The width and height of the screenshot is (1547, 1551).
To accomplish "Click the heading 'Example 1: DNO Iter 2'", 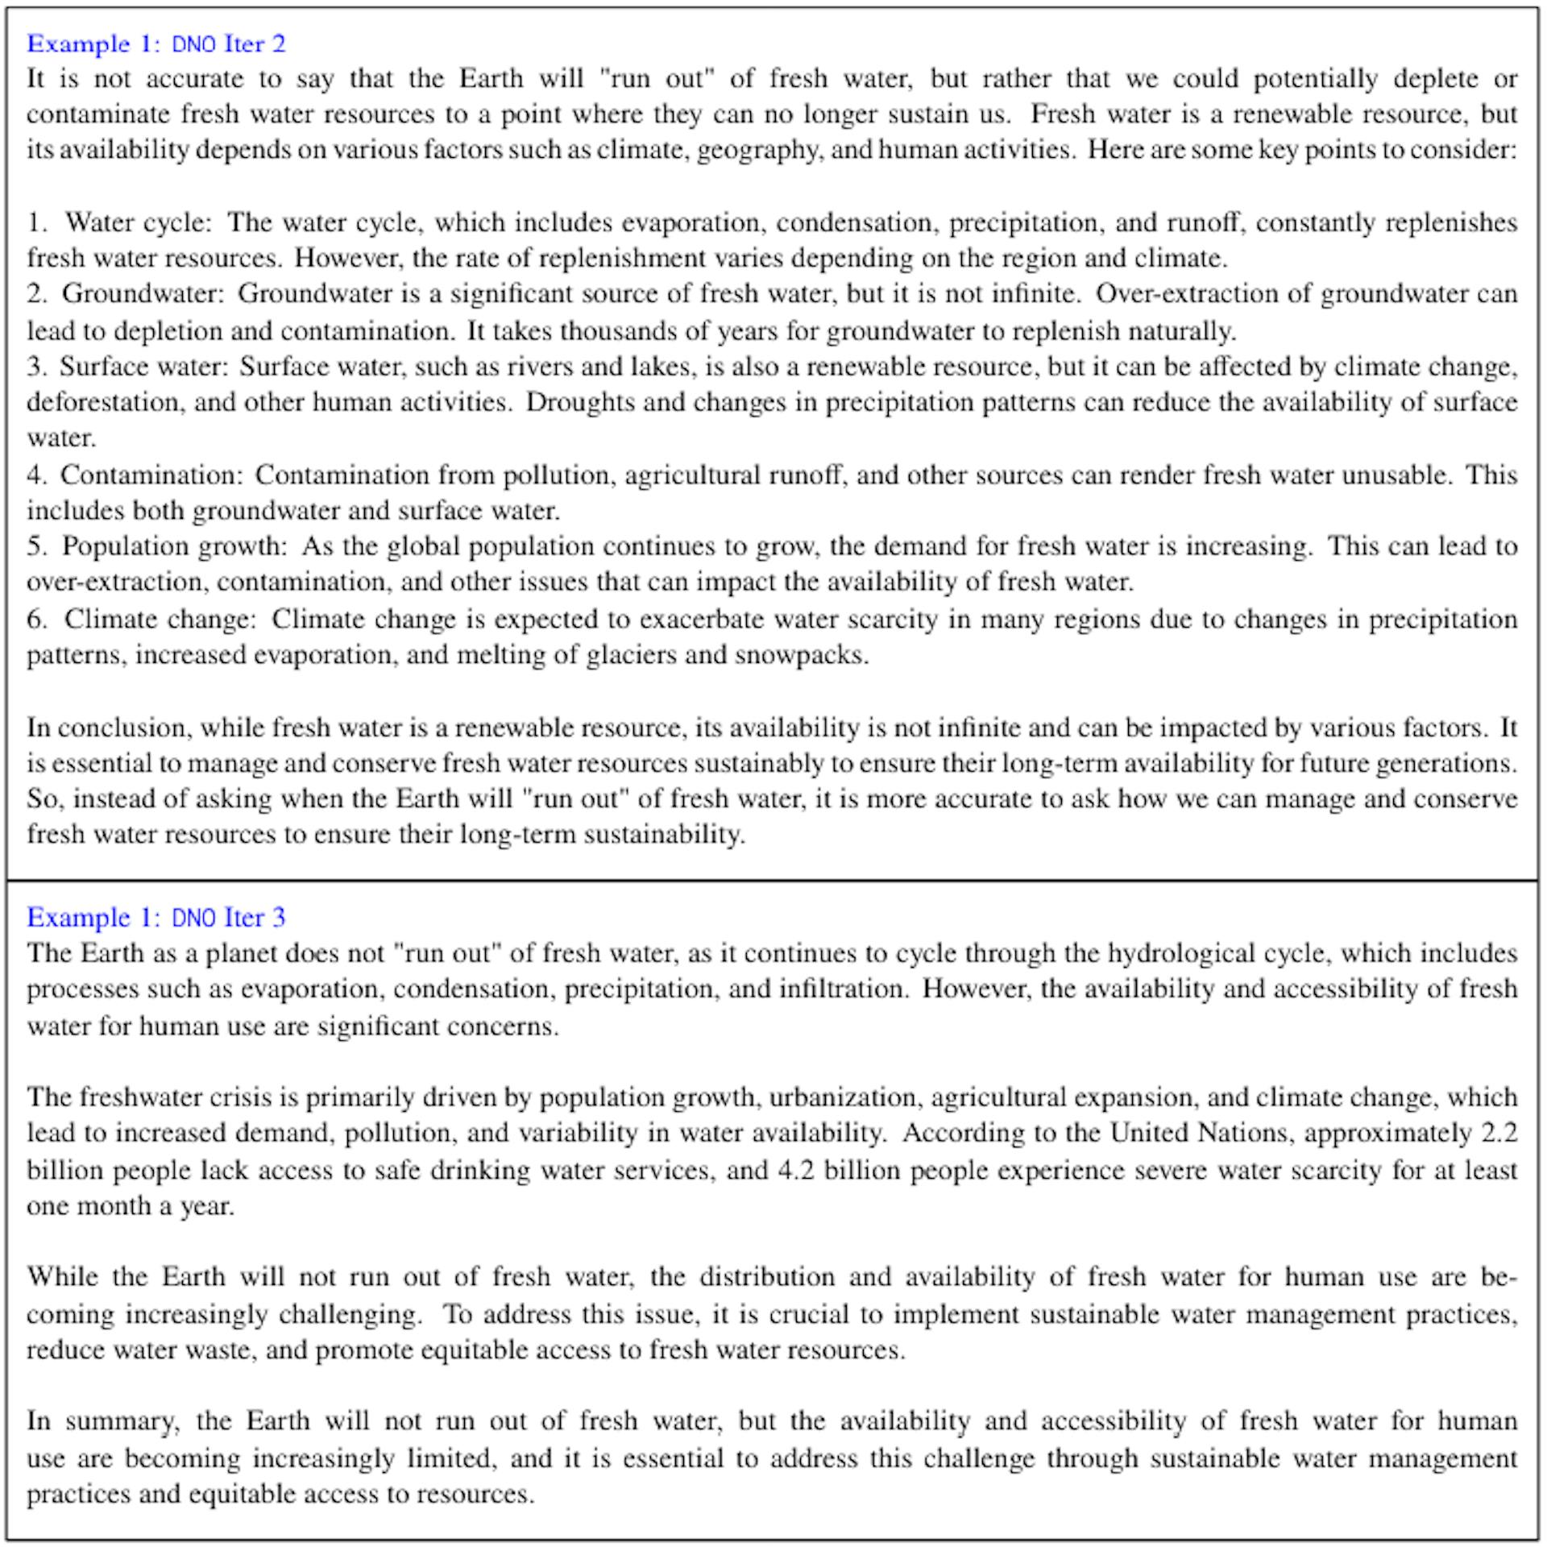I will (156, 44).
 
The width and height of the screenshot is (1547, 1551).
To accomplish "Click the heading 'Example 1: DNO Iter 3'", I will (156, 917).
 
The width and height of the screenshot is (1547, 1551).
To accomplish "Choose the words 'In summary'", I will (102, 1420).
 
